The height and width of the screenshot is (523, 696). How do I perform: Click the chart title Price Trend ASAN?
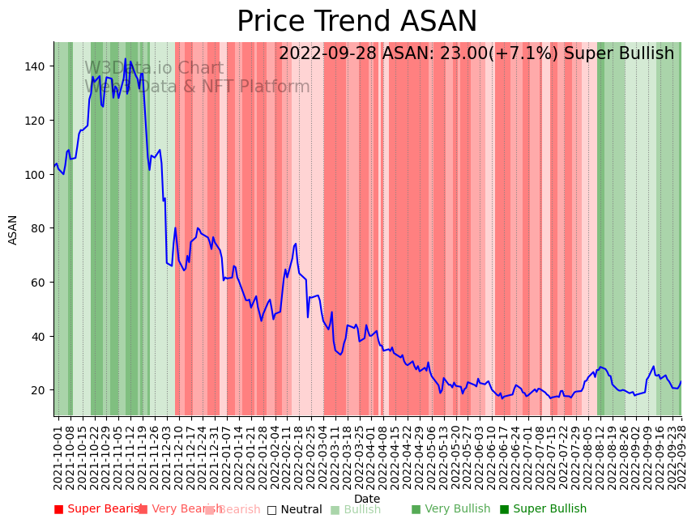357,22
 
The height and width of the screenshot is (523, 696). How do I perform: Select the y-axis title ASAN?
13,229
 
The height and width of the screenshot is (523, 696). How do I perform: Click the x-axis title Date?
367,499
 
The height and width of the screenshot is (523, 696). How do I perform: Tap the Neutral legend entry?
301,509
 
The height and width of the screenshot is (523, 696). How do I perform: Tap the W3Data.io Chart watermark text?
154,68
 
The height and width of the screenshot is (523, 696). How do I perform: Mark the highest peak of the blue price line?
126,59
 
